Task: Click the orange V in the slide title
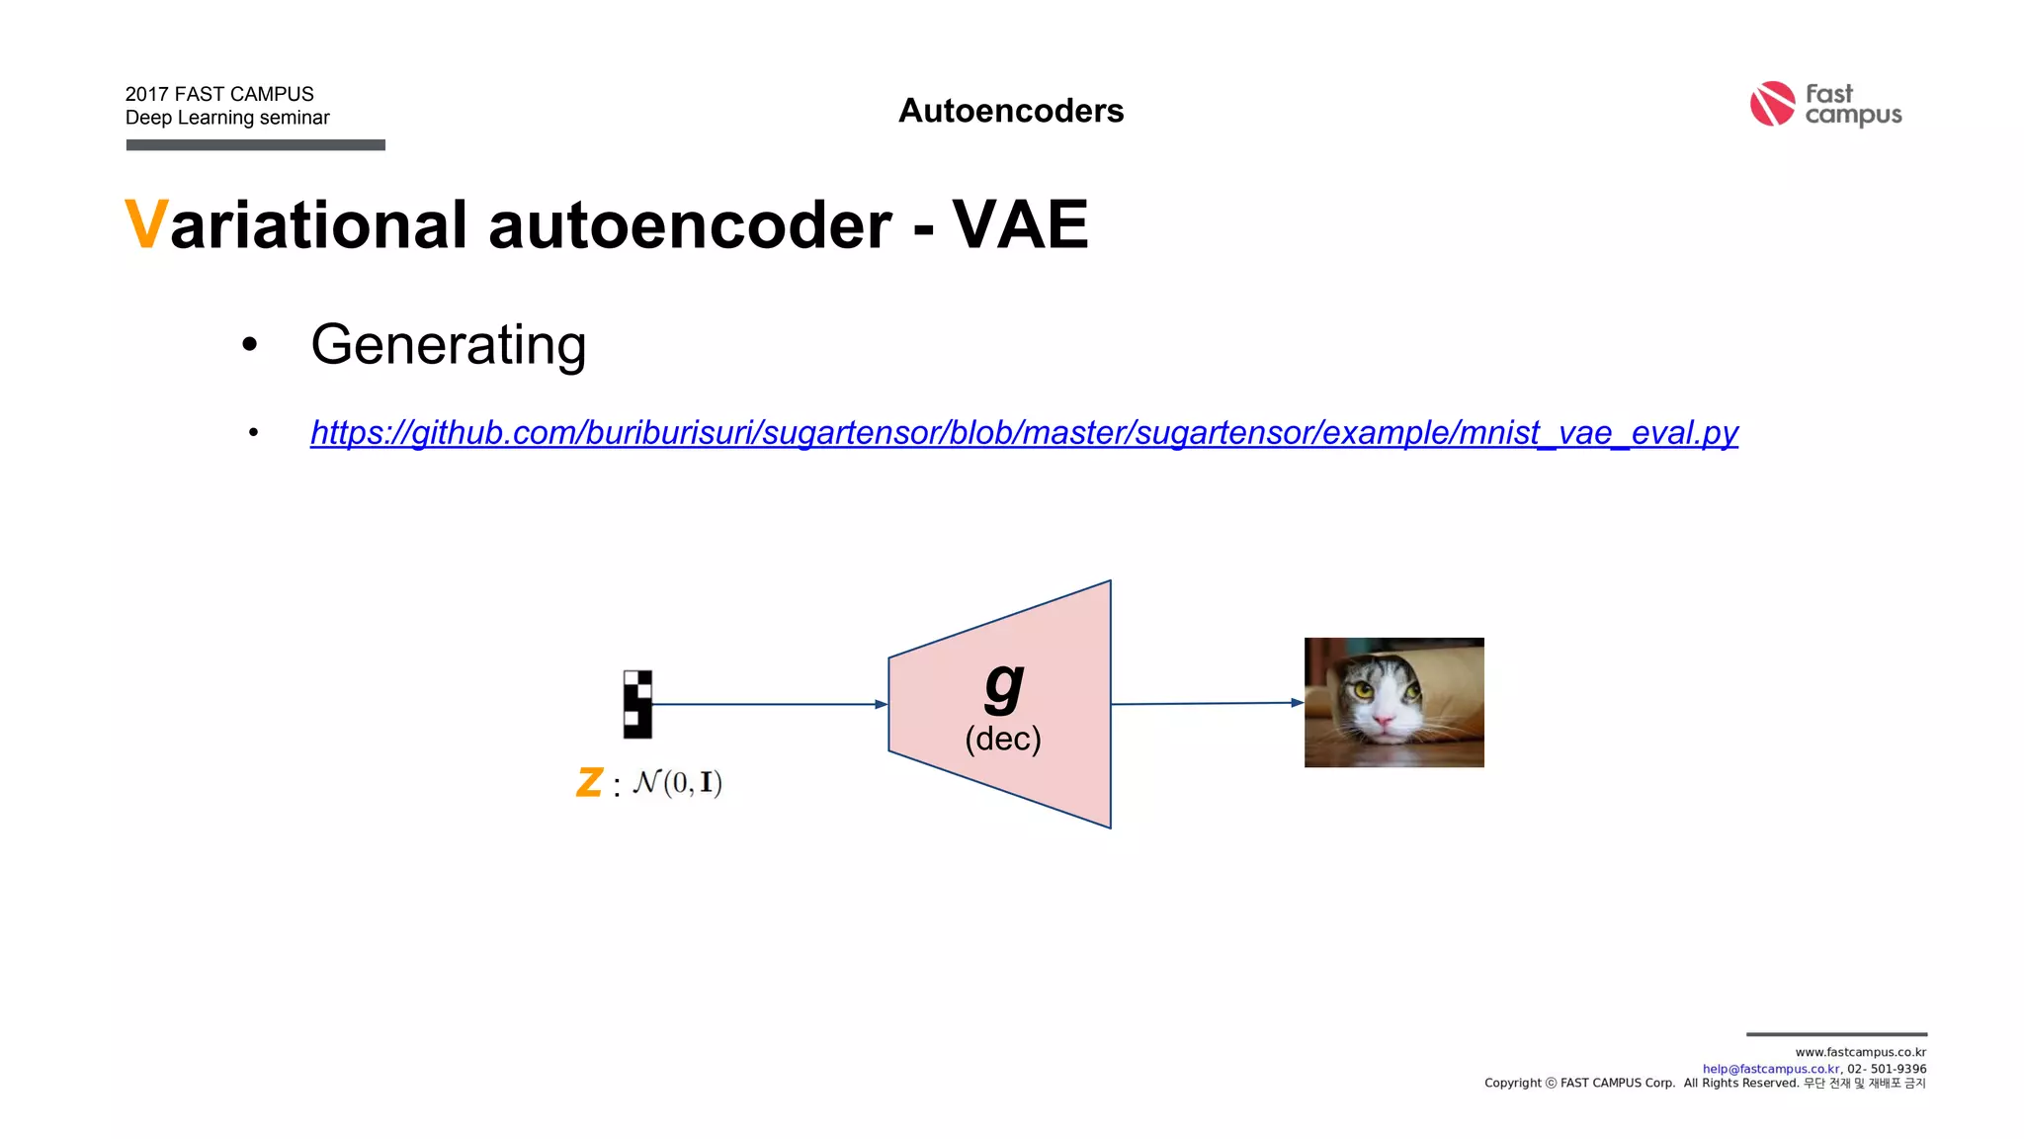tap(145, 225)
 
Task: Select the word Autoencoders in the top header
tap(1010, 111)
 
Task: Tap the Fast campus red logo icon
tap(1771, 104)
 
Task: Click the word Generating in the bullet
tap(448, 344)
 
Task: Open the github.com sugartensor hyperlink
tap(1023, 432)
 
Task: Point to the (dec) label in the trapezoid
tap(1002, 739)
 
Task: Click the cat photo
tap(1393, 702)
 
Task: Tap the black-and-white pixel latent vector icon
tap(637, 704)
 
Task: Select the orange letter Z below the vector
tap(589, 783)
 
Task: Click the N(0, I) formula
tap(677, 783)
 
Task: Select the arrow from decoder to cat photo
tap(1206, 703)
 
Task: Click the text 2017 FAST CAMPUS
tap(219, 94)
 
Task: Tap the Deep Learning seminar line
tap(227, 118)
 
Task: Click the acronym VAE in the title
tap(1020, 225)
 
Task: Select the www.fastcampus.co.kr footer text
tap(1860, 1052)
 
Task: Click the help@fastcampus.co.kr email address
tap(1770, 1069)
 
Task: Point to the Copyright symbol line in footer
tap(1704, 1084)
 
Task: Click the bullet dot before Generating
tap(249, 345)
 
